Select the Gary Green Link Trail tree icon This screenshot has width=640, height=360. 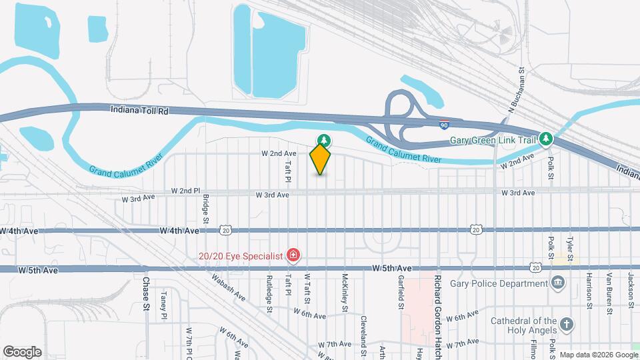[x=547, y=139]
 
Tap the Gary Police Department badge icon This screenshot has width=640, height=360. [x=558, y=283]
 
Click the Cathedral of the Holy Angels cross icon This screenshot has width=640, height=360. [x=567, y=325]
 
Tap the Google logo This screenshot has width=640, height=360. [x=22, y=351]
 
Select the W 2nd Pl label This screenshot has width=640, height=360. [x=185, y=190]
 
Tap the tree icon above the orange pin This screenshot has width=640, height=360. [x=325, y=140]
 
